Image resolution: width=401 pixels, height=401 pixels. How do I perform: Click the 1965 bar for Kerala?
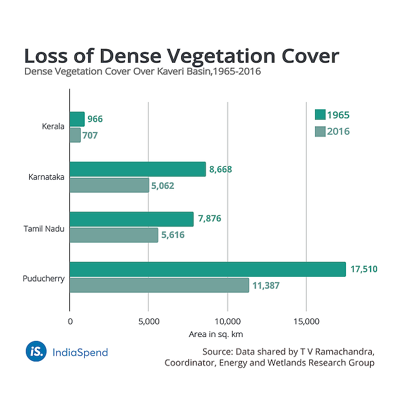click(x=77, y=119)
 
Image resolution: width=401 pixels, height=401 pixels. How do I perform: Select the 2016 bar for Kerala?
click(x=75, y=135)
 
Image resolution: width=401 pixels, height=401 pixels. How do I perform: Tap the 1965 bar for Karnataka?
click(x=137, y=169)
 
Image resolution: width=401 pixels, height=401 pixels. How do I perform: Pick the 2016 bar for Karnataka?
click(x=109, y=185)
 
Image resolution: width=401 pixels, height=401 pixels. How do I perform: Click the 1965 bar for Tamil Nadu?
click(x=131, y=219)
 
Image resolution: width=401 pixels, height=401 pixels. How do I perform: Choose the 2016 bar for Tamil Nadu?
click(x=113, y=235)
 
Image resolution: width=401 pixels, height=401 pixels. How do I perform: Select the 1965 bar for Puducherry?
click(x=208, y=269)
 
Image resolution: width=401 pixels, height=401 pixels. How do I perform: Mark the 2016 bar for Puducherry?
click(x=159, y=285)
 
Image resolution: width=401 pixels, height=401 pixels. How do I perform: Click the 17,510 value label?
click(x=364, y=269)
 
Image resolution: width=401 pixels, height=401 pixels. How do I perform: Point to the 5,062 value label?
click(x=163, y=186)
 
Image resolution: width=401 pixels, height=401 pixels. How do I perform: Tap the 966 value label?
click(x=95, y=119)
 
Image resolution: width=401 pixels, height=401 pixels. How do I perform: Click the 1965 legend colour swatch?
click(x=320, y=115)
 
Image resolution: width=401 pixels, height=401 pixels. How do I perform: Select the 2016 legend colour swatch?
click(x=320, y=131)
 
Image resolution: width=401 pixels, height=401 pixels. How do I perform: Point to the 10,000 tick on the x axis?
click(x=227, y=321)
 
